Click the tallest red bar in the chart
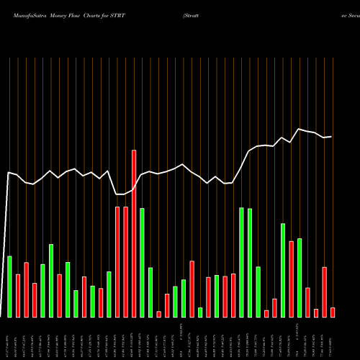(x=134, y=233)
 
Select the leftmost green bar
(x=9, y=287)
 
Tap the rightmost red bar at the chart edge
(x=333, y=312)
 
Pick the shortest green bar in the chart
(x=200, y=312)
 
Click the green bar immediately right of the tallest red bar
(x=143, y=262)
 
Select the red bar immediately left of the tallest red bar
(x=125, y=262)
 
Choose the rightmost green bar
(x=300, y=277)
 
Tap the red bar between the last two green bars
(x=292, y=279)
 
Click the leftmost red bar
(x=18, y=295)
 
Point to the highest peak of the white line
(x=299, y=129)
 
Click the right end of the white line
(x=331, y=136)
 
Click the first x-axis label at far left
(x=9, y=338)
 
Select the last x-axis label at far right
(x=333, y=338)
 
